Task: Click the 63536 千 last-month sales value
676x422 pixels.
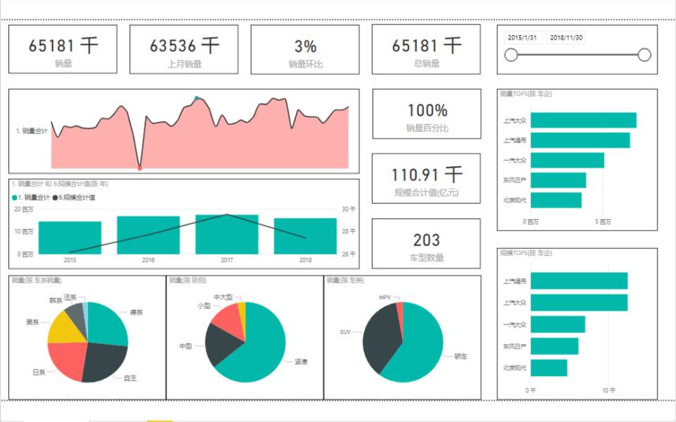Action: coord(184,46)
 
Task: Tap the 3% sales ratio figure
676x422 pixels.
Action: coord(305,46)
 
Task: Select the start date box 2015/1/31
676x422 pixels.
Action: coord(522,37)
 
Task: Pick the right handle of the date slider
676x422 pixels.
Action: coord(644,55)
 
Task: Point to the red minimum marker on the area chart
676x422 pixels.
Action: coord(139,168)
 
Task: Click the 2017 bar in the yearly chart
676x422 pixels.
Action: coord(227,234)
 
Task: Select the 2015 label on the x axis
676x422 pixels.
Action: coord(70,261)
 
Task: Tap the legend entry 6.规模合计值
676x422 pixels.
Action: coord(75,198)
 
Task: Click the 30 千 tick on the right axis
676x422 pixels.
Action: coord(349,209)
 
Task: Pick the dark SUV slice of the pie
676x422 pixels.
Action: coord(381,338)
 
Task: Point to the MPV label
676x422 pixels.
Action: coord(384,298)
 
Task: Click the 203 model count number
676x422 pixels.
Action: coord(427,240)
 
